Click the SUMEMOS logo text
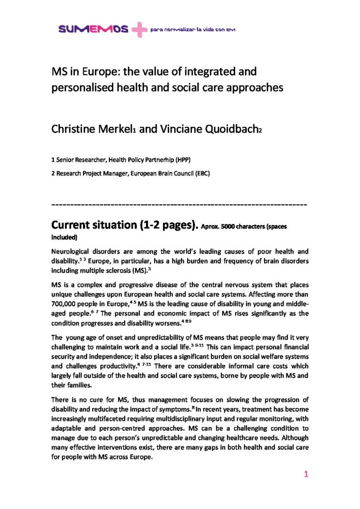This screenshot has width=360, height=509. click(93, 30)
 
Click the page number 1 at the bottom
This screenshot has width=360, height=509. click(306, 475)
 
